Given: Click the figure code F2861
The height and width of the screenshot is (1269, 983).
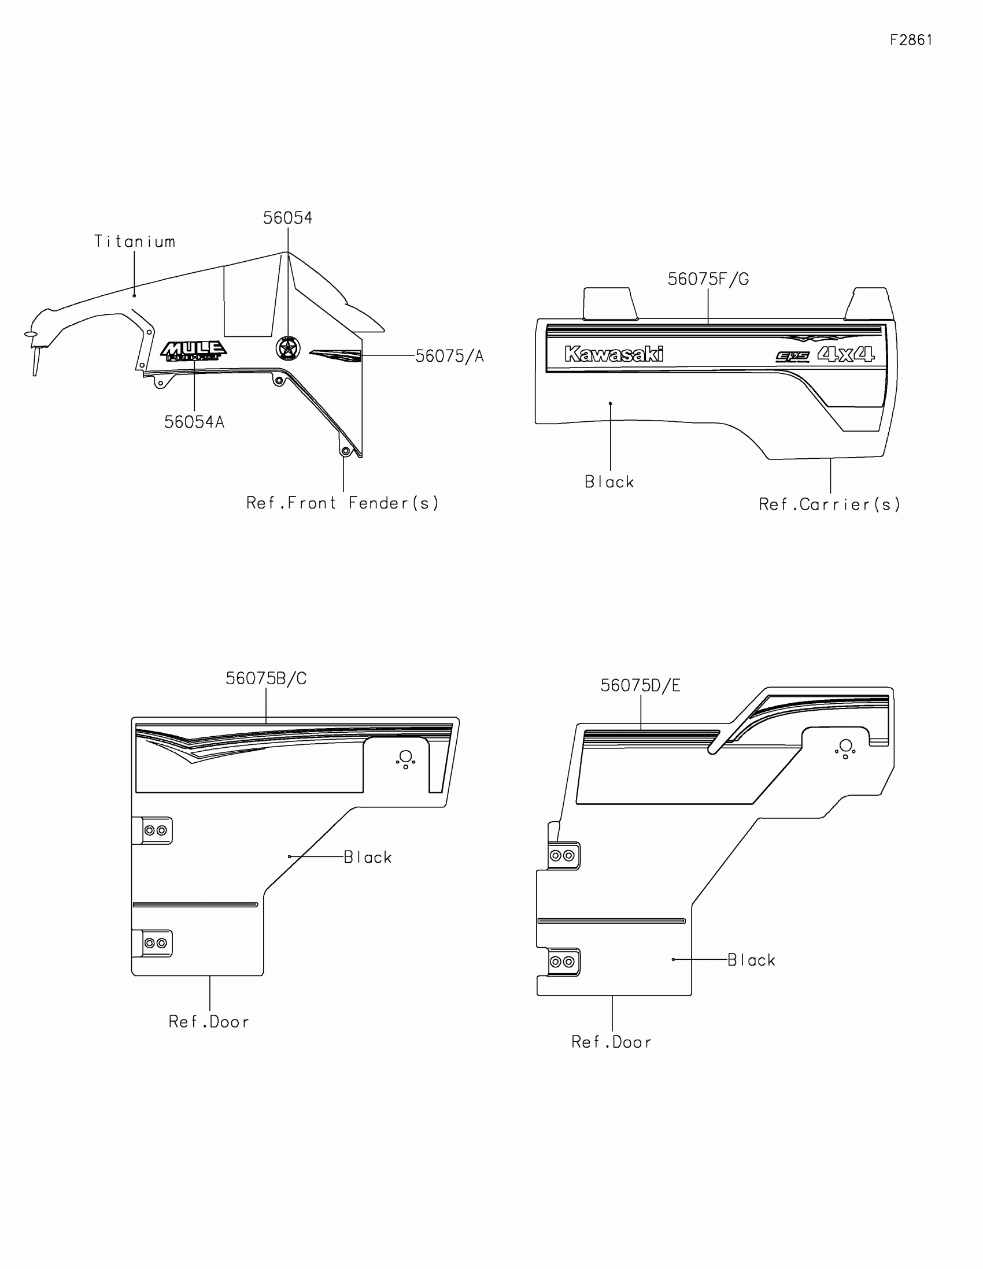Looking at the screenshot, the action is click(911, 40).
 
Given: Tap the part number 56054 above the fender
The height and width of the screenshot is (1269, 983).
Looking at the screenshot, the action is click(287, 218).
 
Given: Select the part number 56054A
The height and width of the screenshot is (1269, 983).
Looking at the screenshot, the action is click(194, 422).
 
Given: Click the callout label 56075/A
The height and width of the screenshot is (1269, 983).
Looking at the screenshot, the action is click(449, 356).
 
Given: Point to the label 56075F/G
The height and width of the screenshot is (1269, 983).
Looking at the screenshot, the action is click(708, 280).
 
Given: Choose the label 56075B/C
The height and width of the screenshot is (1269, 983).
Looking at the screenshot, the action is click(265, 678).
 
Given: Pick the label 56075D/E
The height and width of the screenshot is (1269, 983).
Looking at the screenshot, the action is click(640, 685).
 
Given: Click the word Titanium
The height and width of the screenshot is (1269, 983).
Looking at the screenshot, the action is click(135, 242).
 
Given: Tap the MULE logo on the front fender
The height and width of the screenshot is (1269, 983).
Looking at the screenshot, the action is click(194, 351).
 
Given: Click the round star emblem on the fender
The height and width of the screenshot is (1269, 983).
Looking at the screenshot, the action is click(288, 348).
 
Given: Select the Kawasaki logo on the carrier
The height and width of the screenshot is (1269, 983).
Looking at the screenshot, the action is click(614, 354).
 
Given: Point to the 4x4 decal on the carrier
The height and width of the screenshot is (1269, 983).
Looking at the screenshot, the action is click(846, 354).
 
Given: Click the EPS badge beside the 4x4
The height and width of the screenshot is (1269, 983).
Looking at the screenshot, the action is click(793, 356).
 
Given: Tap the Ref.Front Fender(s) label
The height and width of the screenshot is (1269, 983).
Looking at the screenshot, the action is click(342, 503).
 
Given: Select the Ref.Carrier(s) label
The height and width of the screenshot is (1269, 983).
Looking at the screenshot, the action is click(830, 504).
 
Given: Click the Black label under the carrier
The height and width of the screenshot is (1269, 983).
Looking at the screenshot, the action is click(609, 482).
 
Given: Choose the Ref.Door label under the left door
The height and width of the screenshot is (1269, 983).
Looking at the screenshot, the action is click(209, 1022).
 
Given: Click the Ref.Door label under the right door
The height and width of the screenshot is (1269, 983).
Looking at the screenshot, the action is click(612, 1042).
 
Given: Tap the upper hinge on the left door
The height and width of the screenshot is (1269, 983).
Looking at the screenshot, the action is click(154, 830).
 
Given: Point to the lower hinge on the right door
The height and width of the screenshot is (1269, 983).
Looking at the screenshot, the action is click(563, 962).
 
